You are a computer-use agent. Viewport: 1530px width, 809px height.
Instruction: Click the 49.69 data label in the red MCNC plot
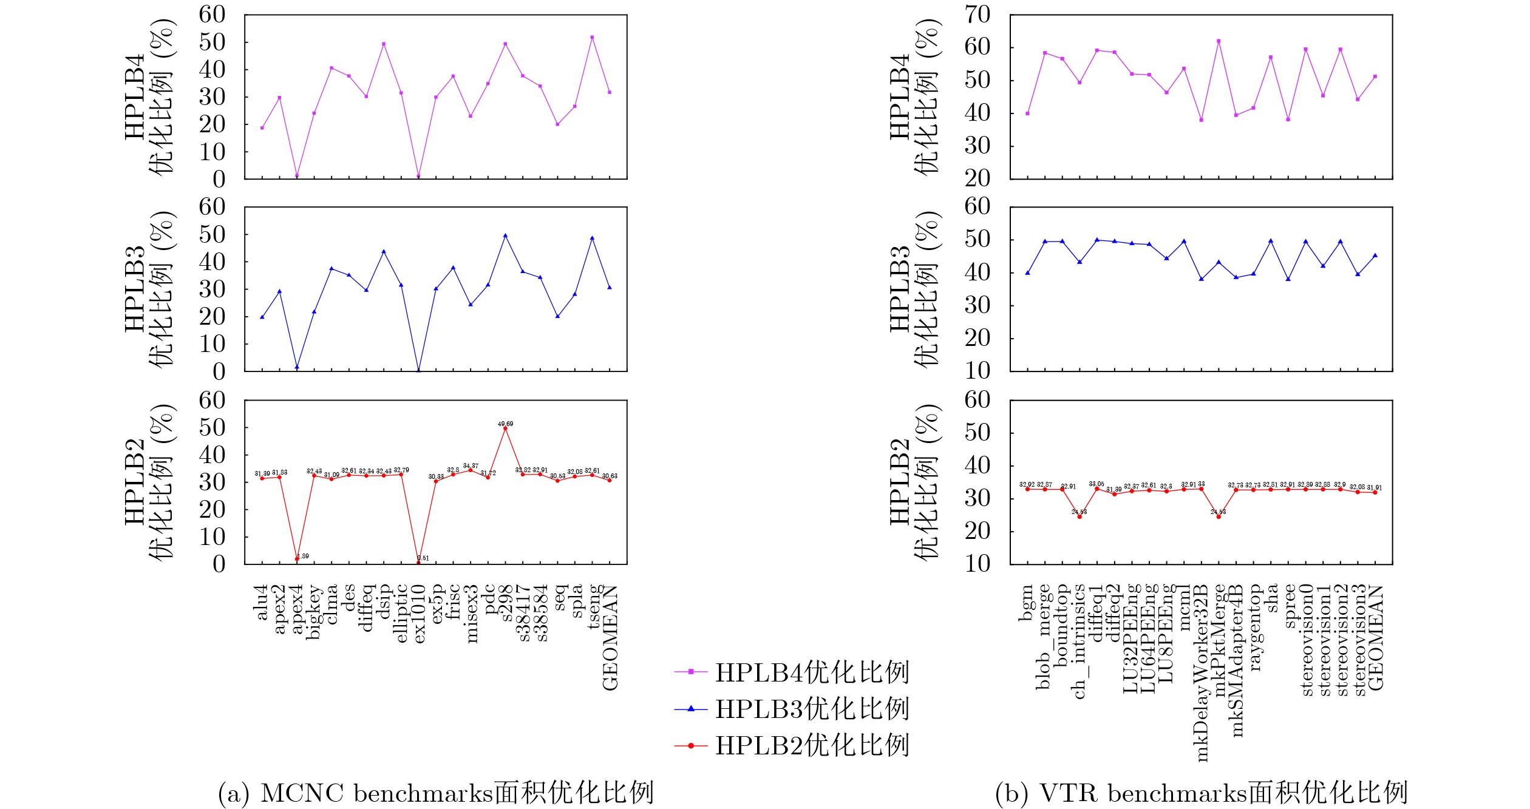[x=505, y=424]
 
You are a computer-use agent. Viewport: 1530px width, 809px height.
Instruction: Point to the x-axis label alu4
[x=262, y=602]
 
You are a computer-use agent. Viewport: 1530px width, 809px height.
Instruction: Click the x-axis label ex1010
[x=419, y=614]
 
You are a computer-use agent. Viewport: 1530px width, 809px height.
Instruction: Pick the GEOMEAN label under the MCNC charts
[x=610, y=637]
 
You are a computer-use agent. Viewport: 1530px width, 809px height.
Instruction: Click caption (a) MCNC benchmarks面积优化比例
[x=435, y=793]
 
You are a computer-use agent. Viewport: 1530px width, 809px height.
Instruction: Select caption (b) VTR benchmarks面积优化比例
[x=1201, y=793]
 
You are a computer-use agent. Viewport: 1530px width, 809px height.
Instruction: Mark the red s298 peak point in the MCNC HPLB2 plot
[x=505, y=428]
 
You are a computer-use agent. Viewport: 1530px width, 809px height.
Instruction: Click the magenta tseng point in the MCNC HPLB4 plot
[x=592, y=38]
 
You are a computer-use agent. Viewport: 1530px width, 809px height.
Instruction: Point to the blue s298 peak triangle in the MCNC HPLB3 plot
[x=505, y=235]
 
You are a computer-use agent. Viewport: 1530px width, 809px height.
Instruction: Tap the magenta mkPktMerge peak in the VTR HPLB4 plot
[x=1219, y=41]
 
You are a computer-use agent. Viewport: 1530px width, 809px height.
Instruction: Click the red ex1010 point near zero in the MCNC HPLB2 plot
[x=418, y=563]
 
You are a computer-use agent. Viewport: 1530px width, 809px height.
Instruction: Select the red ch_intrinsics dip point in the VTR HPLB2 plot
[x=1079, y=516]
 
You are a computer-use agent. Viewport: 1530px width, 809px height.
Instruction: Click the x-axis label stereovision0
[x=1306, y=640]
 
